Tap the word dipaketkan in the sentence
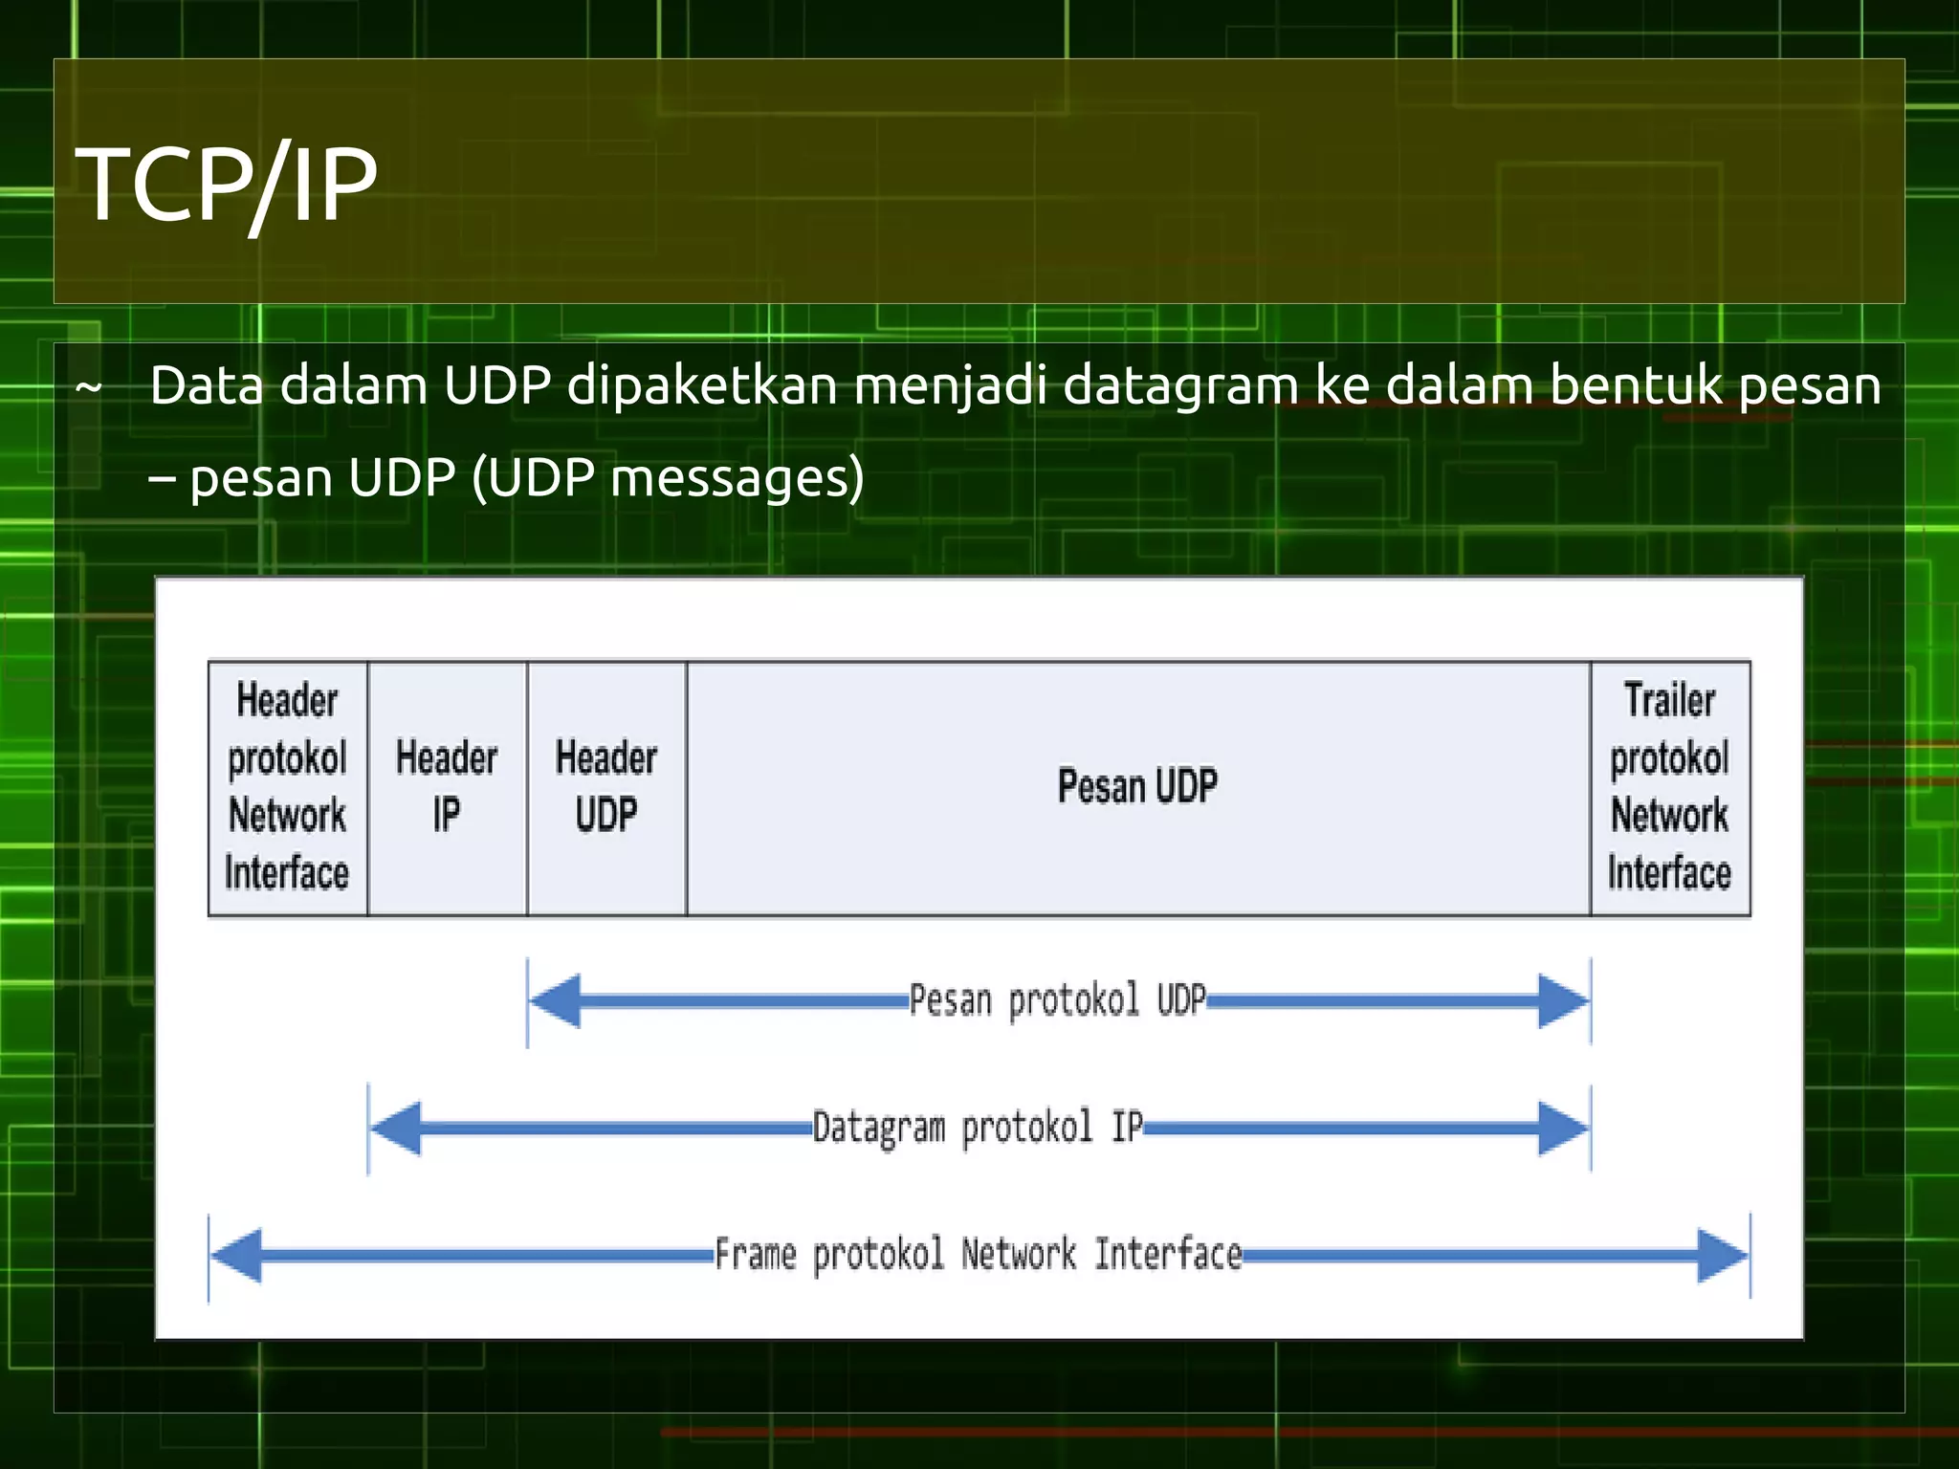700,385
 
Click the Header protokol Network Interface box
287,787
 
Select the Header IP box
447,787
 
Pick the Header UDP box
606,787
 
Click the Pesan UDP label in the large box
1137,786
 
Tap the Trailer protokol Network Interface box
1670,787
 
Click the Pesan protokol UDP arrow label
1057,1000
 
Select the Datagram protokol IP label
977,1128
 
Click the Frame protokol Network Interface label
978,1254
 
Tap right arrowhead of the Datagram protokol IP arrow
1563,1129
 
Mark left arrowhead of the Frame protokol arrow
236,1255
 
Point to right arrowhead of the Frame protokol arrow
1722,1255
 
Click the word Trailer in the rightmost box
1669,700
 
